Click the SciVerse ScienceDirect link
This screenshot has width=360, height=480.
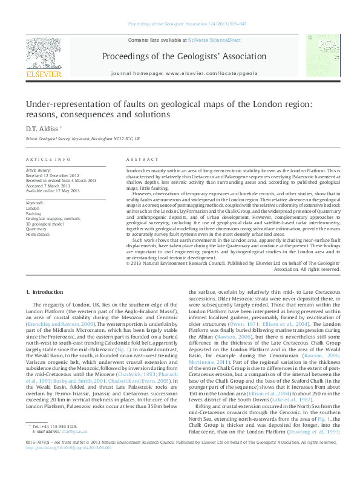(x=214, y=40)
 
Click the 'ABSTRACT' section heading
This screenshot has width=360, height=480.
(x=142, y=159)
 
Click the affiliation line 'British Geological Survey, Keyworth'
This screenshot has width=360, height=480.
(x=82, y=139)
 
